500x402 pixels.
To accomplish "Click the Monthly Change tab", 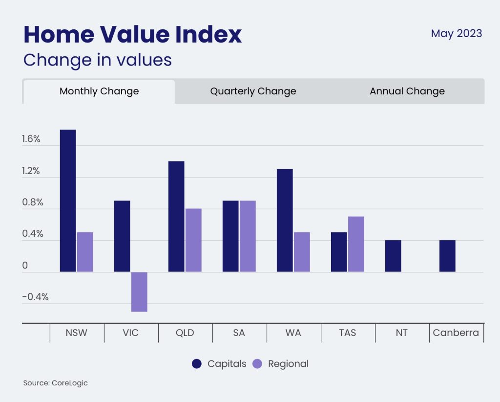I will (x=99, y=91).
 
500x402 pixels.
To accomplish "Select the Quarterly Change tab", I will (x=253, y=91).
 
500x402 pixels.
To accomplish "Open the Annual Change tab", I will (x=407, y=91).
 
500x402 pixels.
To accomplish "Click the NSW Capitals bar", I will (x=68, y=201).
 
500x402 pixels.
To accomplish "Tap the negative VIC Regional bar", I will (x=139, y=291).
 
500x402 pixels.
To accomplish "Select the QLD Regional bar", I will (x=193, y=240).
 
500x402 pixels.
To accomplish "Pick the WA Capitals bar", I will (x=285, y=221).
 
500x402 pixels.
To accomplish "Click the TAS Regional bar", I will (x=356, y=244).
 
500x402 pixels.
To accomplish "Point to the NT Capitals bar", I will (x=393, y=256).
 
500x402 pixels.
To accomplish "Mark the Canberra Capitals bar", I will (x=447, y=256).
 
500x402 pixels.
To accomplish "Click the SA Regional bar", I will (x=248, y=236).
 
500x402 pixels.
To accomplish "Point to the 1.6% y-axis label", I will (x=31, y=139).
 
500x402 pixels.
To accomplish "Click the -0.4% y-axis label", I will (x=35, y=297).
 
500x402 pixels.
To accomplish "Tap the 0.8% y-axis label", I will (x=32, y=202).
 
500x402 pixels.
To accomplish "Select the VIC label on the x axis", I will (x=130, y=333).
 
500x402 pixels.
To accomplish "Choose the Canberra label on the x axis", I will (x=456, y=333).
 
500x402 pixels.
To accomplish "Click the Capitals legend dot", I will (x=197, y=364).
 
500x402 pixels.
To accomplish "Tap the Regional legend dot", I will (x=258, y=364).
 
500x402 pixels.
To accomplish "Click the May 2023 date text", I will (x=456, y=34).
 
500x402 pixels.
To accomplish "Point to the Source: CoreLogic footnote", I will (x=55, y=383).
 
